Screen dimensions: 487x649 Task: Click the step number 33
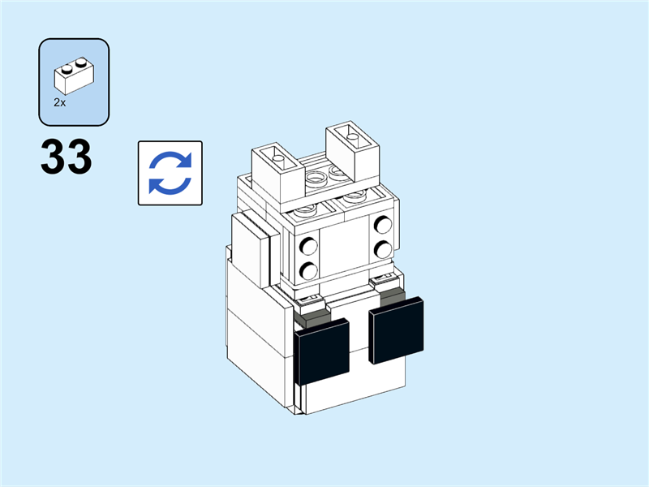(x=66, y=158)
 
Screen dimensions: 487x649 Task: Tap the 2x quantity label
(x=59, y=103)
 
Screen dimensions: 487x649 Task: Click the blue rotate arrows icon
(x=170, y=172)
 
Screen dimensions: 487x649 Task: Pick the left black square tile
(x=323, y=351)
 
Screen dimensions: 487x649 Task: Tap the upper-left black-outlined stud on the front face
(x=309, y=246)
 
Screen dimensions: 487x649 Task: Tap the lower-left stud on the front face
(x=309, y=270)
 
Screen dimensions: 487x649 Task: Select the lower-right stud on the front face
(x=382, y=249)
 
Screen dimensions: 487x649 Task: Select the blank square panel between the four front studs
(x=346, y=247)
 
